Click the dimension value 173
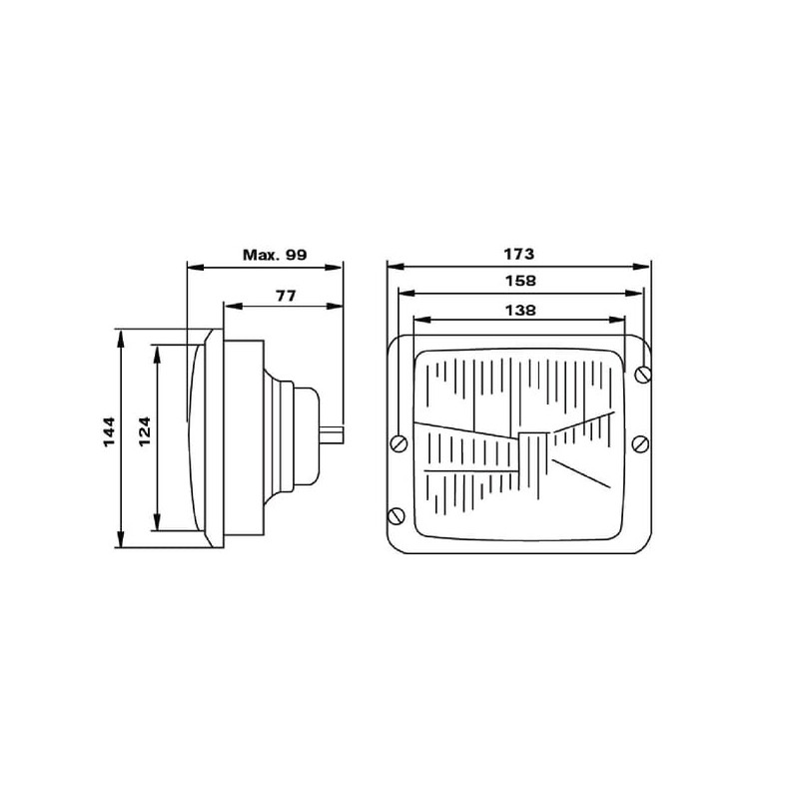518,254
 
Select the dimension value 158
520,281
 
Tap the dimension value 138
520,311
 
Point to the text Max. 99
275,255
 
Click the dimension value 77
286,296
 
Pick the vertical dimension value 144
110,432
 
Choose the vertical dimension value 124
145,432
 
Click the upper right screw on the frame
643,375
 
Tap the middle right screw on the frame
640,443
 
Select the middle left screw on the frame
399,443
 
